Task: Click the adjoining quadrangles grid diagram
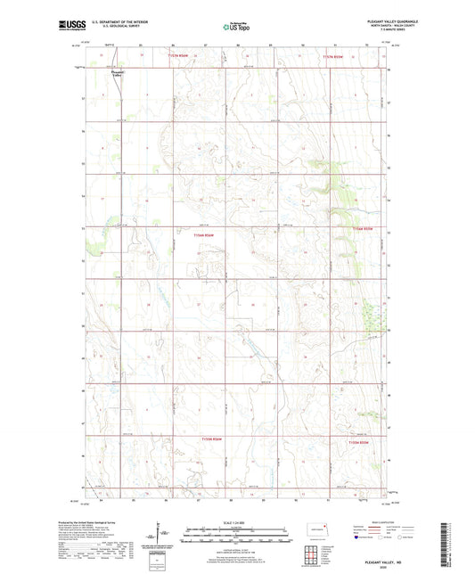click(308, 555)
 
